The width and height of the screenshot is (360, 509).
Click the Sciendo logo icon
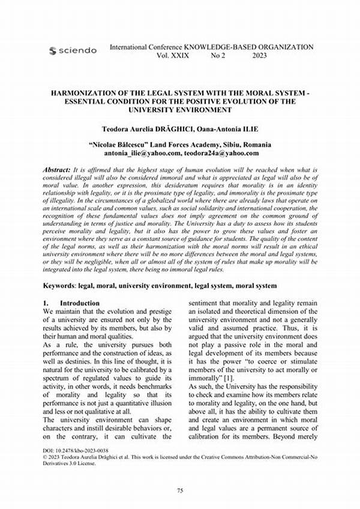(52, 50)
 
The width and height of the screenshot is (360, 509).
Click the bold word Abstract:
(56, 170)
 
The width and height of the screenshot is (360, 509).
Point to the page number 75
(179, 490)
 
